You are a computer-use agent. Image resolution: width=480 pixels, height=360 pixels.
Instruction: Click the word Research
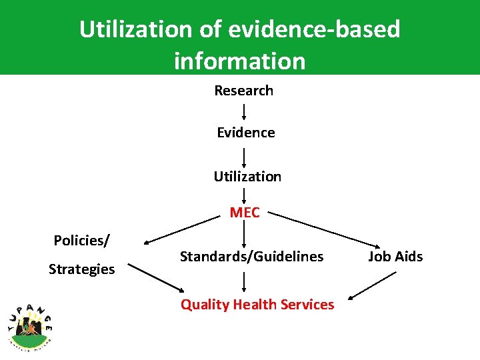pyautogui.click(x=243, y=91)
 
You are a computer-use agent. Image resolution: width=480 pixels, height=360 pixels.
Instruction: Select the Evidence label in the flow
pyautogui.click(x=245, y=133)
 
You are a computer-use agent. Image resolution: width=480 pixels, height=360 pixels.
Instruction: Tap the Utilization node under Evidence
pyautogui.click(x=247, y=177)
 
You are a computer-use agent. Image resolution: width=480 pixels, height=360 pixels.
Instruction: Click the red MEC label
pyautogui.click(x=245, y=213)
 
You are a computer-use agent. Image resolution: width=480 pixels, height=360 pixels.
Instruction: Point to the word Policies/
pyautogui.click(x=82, y=240)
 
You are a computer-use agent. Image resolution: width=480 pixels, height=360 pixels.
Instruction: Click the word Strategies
pyautogui.click(x=81, y=269)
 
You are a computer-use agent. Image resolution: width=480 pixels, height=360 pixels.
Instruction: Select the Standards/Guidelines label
pyautogui.click(x=251, y=257)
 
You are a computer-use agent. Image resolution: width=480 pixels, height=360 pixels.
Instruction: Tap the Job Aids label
pyautogui.click(x=395, y=257)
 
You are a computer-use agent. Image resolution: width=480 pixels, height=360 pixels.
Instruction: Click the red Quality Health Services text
pyautogui.click(x=257, y=305)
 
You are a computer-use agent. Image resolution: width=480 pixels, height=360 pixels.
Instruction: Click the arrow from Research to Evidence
pyautogui.click(x=244, y=111)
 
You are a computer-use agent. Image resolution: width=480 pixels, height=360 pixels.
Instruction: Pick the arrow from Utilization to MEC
pyautogui.click(x=244, y=196)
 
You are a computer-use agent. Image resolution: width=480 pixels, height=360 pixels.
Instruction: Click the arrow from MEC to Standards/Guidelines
pyautogui.click(x=244, y=235)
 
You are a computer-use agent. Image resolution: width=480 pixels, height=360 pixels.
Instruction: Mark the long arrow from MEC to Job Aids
pyautogui.click(x=327, y=233)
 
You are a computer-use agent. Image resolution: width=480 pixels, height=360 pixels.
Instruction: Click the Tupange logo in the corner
pyautogui.click(x=30, y=325)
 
